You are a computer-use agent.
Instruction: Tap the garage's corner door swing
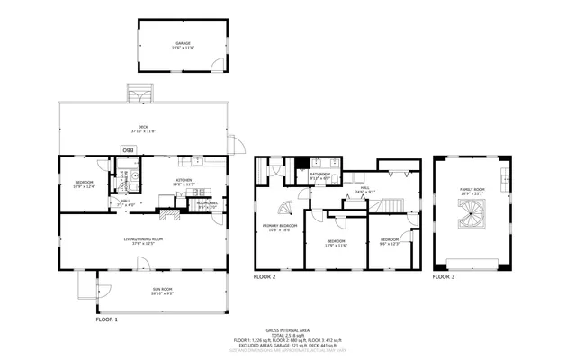click(x=215, y=64)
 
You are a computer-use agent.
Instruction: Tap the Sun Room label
click(x=163, y=291)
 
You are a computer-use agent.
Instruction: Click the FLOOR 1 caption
click(x=106, y=319)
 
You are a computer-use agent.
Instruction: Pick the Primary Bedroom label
click(x=280, y=227)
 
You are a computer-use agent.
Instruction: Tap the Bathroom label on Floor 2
click(x=320, y=176)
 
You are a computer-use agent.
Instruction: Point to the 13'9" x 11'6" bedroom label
click(x=337, y=242)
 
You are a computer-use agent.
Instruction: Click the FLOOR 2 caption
click(x=265, y=277)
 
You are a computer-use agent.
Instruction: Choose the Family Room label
click(x=472, y=190)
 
